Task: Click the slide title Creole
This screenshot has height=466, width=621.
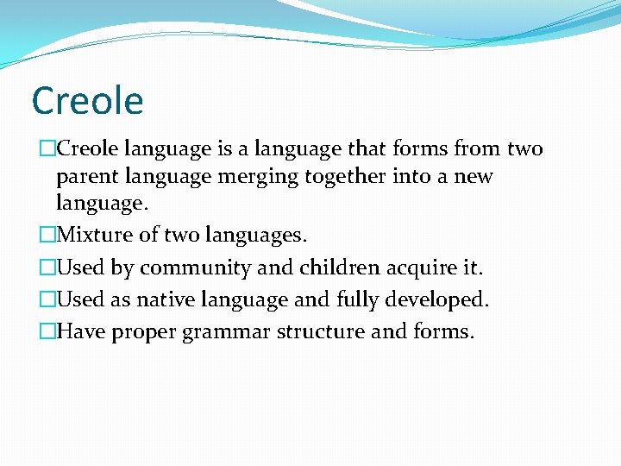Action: click(87, 101)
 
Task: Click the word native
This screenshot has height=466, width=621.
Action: click(166, 299)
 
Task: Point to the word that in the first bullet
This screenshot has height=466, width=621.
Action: click(367, 148)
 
